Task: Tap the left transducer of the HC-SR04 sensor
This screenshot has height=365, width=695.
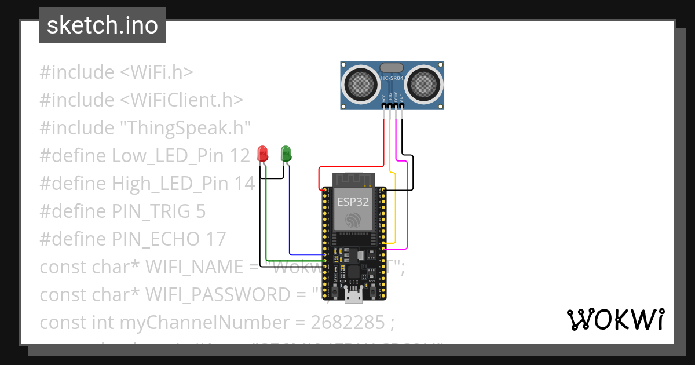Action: (361, 85)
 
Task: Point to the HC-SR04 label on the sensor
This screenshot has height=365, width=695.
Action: (392, 78)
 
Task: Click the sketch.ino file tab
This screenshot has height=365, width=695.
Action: (103, 25)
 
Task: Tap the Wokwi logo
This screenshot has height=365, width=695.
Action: (615, 319)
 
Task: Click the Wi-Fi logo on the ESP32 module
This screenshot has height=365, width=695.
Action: (353, 220)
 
